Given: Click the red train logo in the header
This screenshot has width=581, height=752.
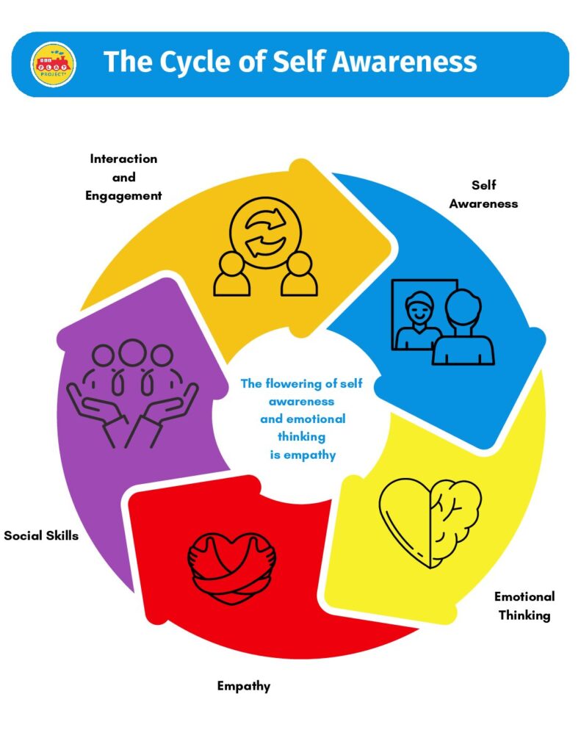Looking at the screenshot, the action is [x=54, y=65].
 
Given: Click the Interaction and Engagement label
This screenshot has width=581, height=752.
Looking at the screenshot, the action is [x=123, y=177].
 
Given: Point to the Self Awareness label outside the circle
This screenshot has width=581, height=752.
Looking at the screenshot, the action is [x=483, y=194].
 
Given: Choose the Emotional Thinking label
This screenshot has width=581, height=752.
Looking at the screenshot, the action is [x=524, y=606].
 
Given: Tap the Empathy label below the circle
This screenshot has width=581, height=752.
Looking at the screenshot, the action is [x=244, y=687].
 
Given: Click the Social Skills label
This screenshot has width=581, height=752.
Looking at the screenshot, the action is [x=41, y=535].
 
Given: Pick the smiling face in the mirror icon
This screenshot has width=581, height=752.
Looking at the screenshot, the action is [x=419, y=307].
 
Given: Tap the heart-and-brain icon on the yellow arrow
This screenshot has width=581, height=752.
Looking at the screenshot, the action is [x=430, y=523].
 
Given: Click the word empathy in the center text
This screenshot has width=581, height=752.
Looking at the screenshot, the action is [x=309, y=455].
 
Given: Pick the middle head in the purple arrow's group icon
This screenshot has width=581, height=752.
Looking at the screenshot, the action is [x=132, y=352].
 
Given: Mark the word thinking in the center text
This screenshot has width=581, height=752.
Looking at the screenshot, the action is [x=301, y=437].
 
